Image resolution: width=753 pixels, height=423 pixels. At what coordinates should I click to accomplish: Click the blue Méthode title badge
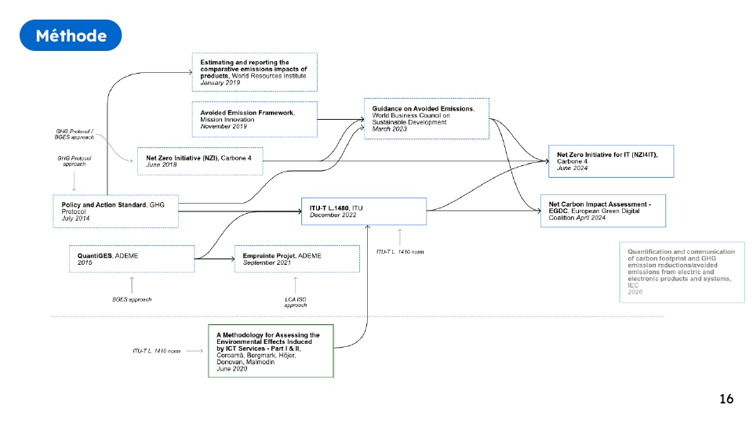71,35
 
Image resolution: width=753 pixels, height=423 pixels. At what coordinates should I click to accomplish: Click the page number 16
726,399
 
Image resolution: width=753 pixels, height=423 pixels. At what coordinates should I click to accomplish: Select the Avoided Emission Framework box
255,119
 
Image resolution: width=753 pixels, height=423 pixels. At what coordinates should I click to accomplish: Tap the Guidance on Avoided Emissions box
427,118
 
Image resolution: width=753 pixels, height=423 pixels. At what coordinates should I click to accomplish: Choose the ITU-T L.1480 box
363,211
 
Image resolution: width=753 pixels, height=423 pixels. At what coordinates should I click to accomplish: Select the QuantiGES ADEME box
132,259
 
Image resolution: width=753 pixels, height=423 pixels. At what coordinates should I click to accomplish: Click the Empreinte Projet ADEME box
297,259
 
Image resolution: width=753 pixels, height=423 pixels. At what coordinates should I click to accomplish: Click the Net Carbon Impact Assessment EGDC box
602,211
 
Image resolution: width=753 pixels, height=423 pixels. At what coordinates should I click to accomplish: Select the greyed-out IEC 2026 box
682,272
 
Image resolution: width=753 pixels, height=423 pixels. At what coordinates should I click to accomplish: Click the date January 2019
220,82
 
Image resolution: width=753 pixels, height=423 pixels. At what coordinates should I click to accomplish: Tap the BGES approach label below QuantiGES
131,299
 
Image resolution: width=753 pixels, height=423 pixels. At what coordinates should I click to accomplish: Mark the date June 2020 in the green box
232,368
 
